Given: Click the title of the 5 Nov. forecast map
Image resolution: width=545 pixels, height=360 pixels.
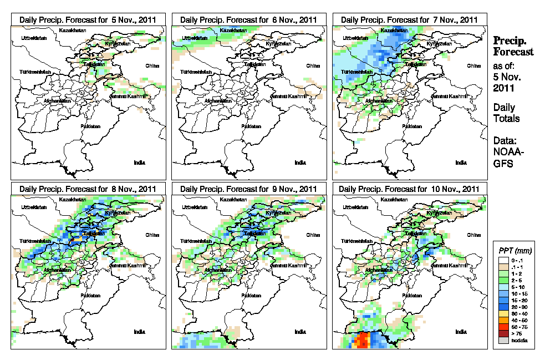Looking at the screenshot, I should pyautogui.click(x=88, y=19).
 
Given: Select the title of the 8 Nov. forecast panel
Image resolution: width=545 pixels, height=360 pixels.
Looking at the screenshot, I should pyautogui.click(x=88, y=189).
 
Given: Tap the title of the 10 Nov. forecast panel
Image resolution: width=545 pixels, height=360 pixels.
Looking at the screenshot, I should pyautogui.click(x=410, y=189).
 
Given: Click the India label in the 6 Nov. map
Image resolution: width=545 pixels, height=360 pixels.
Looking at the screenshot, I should pyautogui.click(x=300, y=163).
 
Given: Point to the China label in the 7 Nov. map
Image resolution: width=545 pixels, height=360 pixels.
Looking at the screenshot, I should pyautogui.click(x=474, y=65).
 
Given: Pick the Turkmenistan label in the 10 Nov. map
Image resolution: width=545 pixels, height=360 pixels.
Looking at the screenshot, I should pyautogui.click(x=355, y=242).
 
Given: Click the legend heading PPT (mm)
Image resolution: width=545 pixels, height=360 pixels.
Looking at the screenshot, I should pyautogui.click(x=513, y=250).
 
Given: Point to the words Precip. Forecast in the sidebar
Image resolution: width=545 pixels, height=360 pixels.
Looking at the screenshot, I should pyautogui.click(x=513, y=46).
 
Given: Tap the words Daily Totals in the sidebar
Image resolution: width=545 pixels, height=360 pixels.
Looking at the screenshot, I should pyautogui.click(x=505, y=113).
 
